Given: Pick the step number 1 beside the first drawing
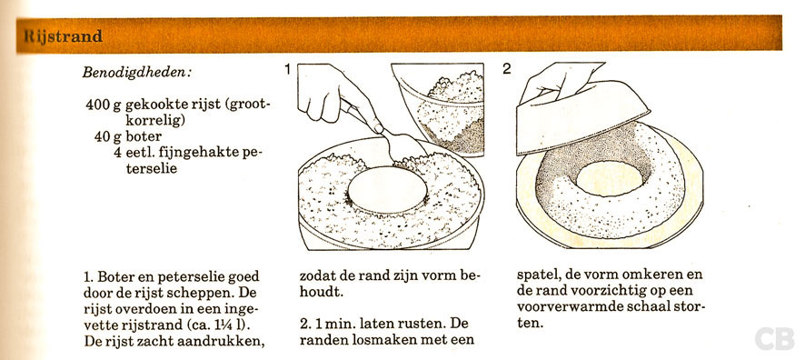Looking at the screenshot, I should click(287, 69).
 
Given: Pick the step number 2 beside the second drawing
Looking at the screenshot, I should click(507, 69).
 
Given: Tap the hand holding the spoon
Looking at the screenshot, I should click(333, 100).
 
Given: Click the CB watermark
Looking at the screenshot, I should click(774, 336).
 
